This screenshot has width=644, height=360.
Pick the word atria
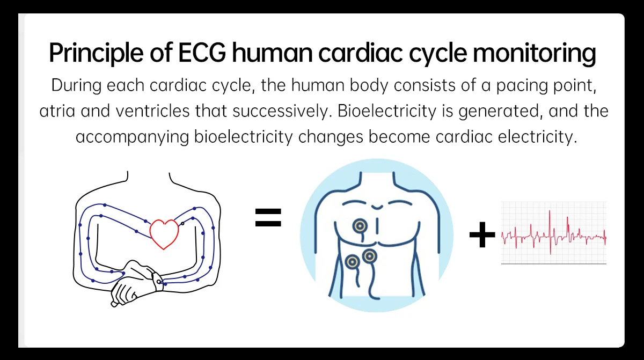pos(55,112)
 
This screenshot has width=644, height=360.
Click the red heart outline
pos(164,233)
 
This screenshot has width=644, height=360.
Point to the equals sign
pos(268,218)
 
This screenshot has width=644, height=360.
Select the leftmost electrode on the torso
pos(352,262)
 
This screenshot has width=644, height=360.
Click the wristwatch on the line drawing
pos(157,281)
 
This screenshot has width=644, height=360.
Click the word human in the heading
pos(272,54)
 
